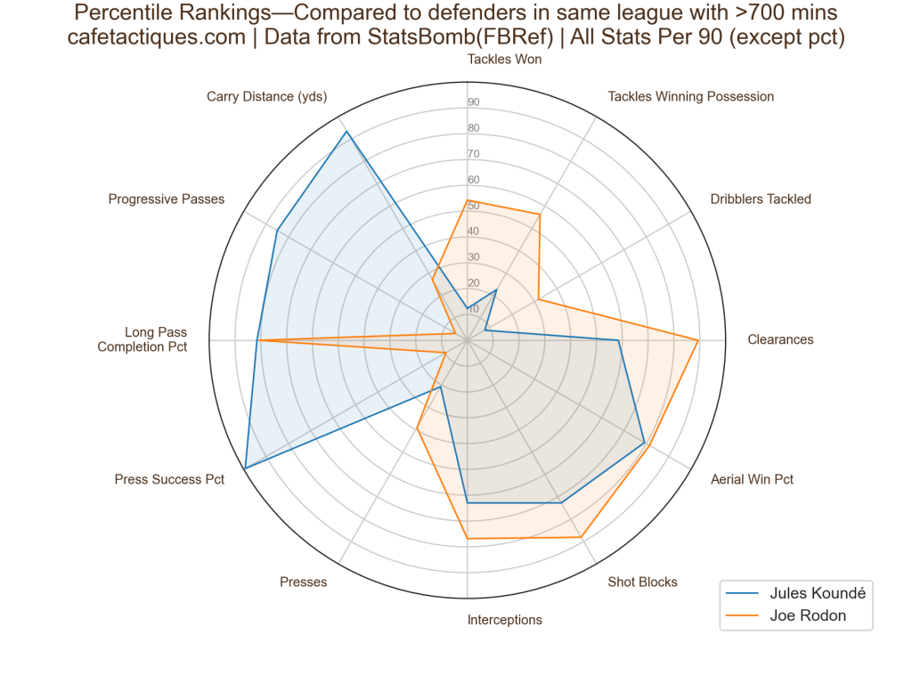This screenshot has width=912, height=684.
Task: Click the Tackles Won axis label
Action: click(504, 60)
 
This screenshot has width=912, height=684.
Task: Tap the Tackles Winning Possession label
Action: click(690, 96)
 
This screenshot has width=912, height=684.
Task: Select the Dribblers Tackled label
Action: click(761, 199)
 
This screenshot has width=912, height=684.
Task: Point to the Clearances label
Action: click(780, 339)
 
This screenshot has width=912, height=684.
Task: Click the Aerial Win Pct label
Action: click(752, 479)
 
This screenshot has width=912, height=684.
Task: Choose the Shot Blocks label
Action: click(642, 582)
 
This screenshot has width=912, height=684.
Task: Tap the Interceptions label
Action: click(504, 620)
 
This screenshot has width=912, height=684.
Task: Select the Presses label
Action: click(303, 582)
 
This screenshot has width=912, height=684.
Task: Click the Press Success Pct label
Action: click(169, 479)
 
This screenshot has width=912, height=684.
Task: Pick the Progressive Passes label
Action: click(167, 199)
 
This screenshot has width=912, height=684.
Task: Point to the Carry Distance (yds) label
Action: click(267, 96)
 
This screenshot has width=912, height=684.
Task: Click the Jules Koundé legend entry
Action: click(817, 592)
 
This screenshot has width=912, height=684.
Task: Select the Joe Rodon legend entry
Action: click(808, 615)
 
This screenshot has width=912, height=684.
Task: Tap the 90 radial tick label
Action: click(474, 102)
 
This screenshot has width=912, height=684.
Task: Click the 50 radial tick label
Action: click(474, 206)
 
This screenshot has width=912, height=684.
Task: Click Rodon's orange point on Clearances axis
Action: click(698, 339)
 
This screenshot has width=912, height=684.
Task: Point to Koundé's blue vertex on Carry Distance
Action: click(346, 132)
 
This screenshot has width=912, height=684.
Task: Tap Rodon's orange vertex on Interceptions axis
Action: click(468, 539)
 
